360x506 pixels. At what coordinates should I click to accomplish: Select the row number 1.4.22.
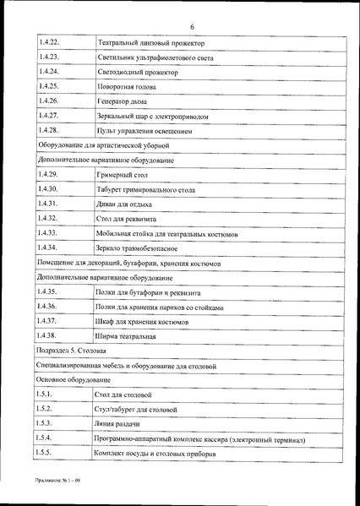click(48, 41)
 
